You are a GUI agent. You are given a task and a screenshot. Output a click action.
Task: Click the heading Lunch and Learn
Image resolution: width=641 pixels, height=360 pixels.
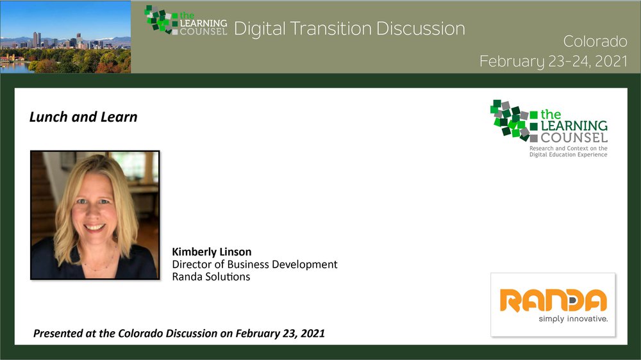tap(83, 117)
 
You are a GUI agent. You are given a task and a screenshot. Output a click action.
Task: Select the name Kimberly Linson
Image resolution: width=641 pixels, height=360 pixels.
tap(212, 252)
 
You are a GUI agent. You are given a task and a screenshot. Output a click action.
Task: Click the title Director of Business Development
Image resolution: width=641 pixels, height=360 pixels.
tap(254, 265)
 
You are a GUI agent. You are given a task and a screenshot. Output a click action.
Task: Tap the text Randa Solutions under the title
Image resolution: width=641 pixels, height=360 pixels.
tap(211, 277)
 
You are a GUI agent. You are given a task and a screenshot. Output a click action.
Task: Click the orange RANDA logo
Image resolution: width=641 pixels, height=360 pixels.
tap(553, 300)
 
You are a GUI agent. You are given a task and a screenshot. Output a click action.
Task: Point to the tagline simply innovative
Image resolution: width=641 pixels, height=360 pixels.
tap(573, 319)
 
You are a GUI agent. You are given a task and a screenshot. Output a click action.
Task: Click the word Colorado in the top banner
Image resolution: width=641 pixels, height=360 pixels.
tap(595, 41)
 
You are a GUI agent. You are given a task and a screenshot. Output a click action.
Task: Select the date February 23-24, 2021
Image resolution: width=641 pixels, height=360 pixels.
tap(554, 61)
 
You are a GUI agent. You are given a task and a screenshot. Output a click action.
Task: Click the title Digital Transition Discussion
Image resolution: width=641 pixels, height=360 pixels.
tap(349, 29)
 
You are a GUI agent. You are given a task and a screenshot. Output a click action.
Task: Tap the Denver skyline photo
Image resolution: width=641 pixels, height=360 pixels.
tap(65, 37)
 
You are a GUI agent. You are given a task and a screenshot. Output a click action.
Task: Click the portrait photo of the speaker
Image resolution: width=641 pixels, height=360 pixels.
tap(95, 215)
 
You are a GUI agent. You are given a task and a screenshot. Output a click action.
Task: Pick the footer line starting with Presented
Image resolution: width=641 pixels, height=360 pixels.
tap(179, 334)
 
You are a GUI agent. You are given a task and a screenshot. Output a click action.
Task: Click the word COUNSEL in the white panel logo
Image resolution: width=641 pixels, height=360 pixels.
tap(574, 138)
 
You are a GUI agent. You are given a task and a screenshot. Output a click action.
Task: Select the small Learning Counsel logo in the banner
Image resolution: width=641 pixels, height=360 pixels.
tap(186, 20)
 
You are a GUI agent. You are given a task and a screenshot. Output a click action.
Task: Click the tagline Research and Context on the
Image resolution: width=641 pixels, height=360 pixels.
tap(568, 149)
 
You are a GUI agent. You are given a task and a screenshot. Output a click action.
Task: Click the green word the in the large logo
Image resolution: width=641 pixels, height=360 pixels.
tap(551, 115)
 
